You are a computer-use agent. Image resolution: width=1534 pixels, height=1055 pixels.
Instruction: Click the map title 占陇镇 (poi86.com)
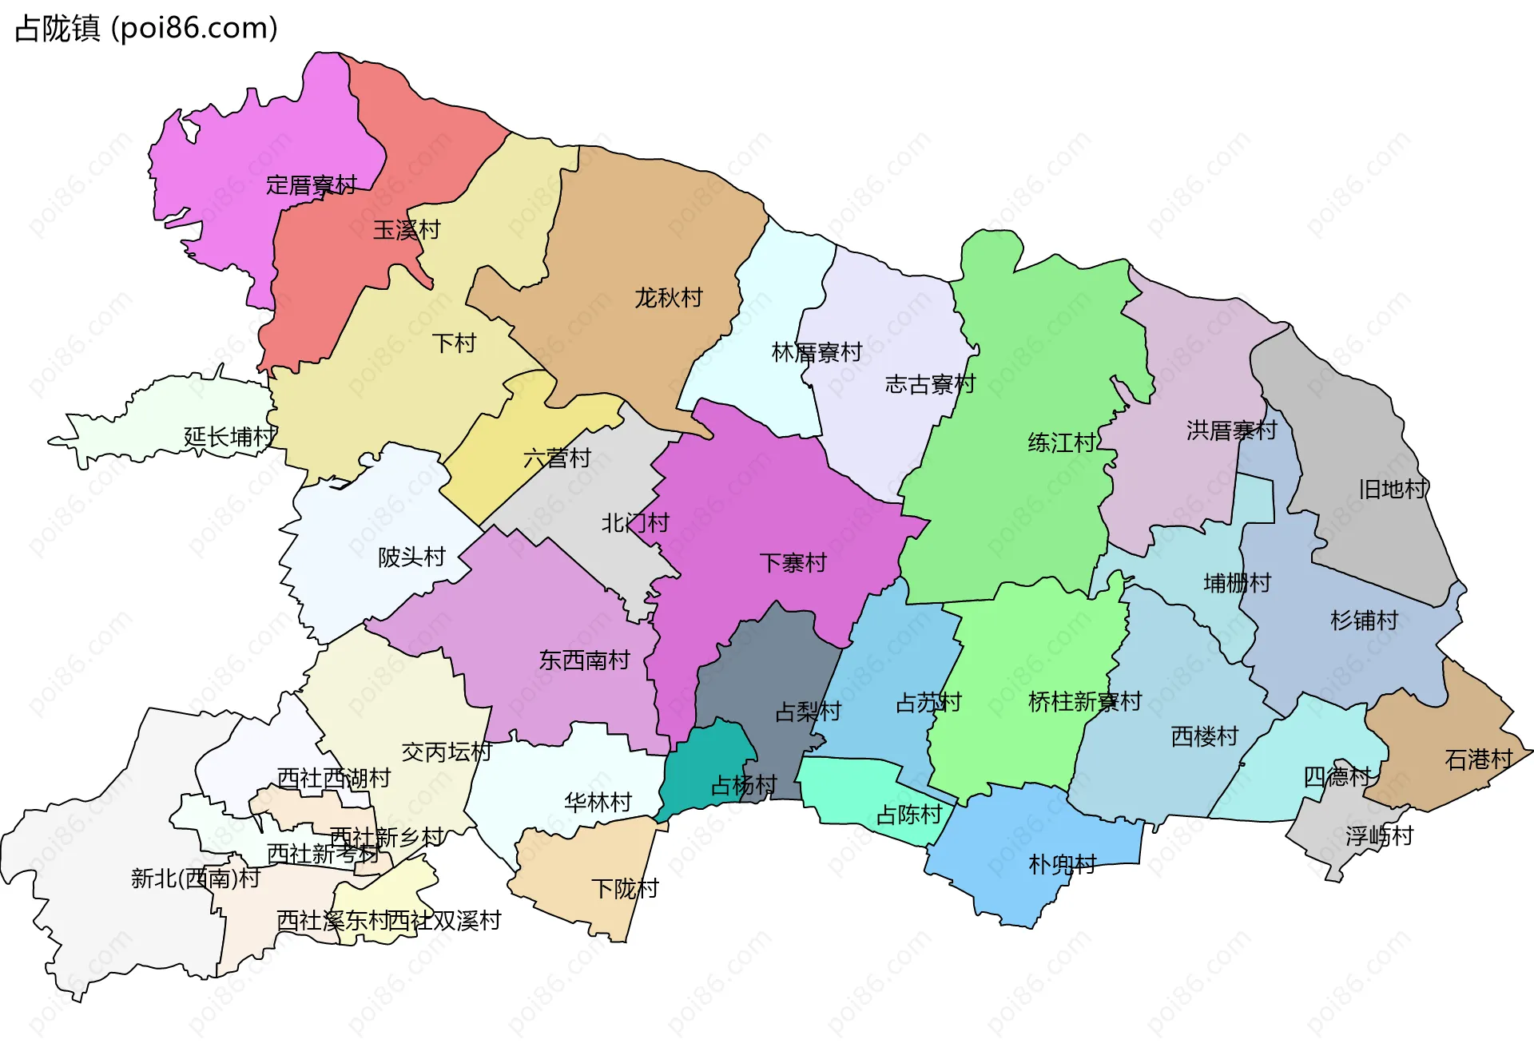146,29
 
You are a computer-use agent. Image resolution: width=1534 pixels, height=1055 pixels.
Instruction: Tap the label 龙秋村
668,298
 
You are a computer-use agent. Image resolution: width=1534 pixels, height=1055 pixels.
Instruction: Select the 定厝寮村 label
312,185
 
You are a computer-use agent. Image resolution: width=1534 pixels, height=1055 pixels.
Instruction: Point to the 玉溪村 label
407,230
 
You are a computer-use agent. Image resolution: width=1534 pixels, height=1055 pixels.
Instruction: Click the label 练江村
1061,442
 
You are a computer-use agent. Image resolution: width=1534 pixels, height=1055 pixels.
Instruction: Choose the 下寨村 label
793,563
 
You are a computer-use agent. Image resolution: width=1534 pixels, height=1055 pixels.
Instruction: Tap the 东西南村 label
584,660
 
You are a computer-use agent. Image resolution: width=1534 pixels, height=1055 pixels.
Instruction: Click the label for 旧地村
1393,489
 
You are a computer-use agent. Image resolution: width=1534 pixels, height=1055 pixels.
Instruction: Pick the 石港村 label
1479,760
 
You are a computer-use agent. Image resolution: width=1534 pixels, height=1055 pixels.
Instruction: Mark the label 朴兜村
1062,864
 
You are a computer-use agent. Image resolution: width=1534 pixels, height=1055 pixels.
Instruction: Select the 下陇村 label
625,888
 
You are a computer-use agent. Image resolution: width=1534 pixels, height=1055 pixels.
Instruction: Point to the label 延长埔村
229,437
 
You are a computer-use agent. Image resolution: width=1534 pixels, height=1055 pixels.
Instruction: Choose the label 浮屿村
1379,836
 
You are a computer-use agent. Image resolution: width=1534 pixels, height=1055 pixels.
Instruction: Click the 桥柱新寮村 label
1084,702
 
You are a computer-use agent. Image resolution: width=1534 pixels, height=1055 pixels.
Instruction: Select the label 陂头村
411,557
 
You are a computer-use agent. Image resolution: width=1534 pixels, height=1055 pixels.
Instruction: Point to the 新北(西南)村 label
196,879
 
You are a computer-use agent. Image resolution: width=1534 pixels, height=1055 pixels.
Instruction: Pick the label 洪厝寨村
1231,430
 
